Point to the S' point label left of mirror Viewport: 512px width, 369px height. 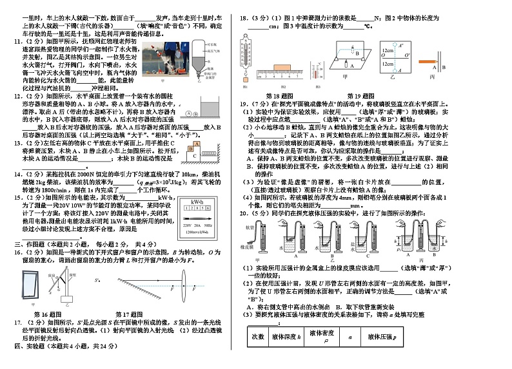[x=97, y=281]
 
